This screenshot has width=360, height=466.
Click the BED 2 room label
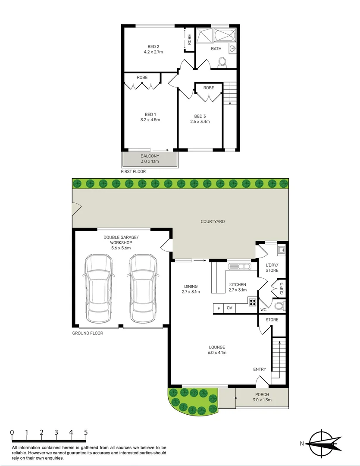(x=153, y=46)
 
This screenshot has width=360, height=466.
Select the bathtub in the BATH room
(x=225, y=36)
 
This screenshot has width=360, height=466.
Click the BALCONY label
(x=150, y=156)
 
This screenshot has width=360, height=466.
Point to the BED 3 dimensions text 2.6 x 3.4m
(x=200, y=122)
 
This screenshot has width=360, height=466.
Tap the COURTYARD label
(x=213, y=221)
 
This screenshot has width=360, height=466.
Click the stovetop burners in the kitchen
(x=252, y=301)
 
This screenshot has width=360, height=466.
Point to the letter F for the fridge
(x=219, y=308)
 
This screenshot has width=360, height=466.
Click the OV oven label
(x=229, y=308)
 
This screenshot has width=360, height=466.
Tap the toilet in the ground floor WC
(x=280, y=307)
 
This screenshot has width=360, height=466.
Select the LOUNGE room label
(x=217, y=347)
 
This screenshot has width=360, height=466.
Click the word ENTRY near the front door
(x=260, y=369)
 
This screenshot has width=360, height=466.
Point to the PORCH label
(x=262, y=394)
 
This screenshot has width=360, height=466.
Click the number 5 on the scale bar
(x=86, y=432)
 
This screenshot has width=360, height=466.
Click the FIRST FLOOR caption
(x=133, y=171)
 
